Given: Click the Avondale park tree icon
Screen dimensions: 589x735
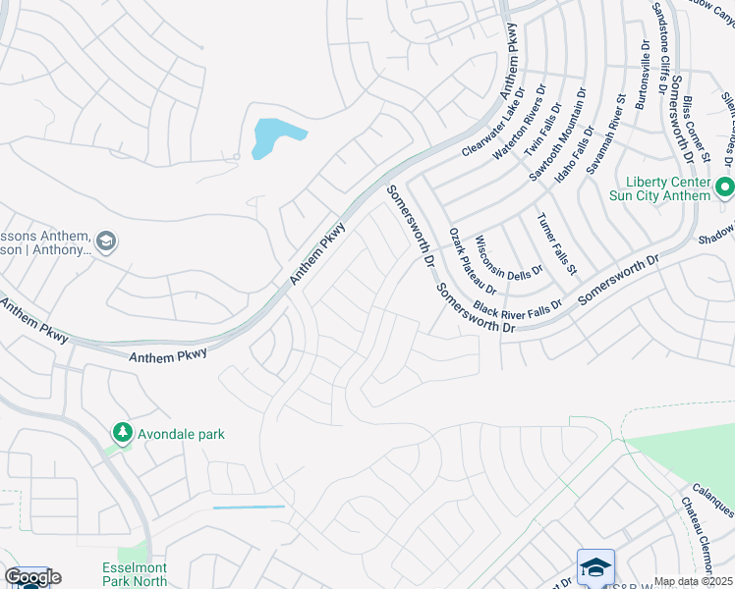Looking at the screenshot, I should coord(122,433).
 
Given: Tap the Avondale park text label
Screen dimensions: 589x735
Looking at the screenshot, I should coord(181,434).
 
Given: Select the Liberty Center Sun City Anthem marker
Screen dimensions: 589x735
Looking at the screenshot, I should coord(725,187).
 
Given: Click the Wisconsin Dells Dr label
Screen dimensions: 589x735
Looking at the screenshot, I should coord(508,255).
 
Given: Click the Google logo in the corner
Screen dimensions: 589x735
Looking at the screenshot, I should coord(32,577).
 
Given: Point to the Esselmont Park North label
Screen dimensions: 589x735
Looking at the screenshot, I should coord(134,574).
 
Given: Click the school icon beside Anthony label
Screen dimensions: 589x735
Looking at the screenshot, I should coord(106,241).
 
